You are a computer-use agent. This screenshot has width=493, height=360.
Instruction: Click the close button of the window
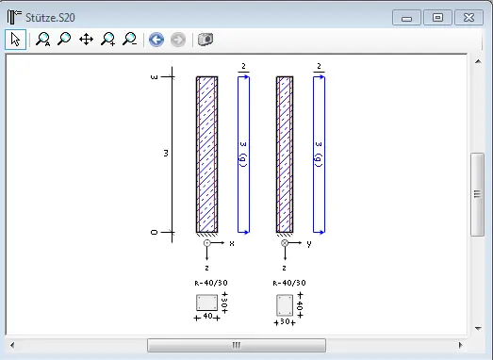[x=468, y=18]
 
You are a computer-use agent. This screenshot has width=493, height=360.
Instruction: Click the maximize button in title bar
[x=437, y=18]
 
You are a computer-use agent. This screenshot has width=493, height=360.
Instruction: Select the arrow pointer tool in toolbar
[x=15, y=40]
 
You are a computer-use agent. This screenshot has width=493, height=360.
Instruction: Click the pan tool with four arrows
[x=86, y=40]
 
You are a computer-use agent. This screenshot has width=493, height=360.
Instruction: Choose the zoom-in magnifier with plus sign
[x=107, y=40]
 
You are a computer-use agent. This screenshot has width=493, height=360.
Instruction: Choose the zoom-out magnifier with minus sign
[x=129, y=40]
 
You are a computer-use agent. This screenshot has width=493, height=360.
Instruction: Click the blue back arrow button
[x=156, y=40]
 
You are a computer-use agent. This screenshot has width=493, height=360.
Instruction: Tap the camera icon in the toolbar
[x=205, y=40]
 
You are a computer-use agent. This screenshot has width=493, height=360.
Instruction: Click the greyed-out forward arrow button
[x=178, y=40]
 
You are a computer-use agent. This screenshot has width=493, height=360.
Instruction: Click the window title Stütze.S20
[x=50, y=18]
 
